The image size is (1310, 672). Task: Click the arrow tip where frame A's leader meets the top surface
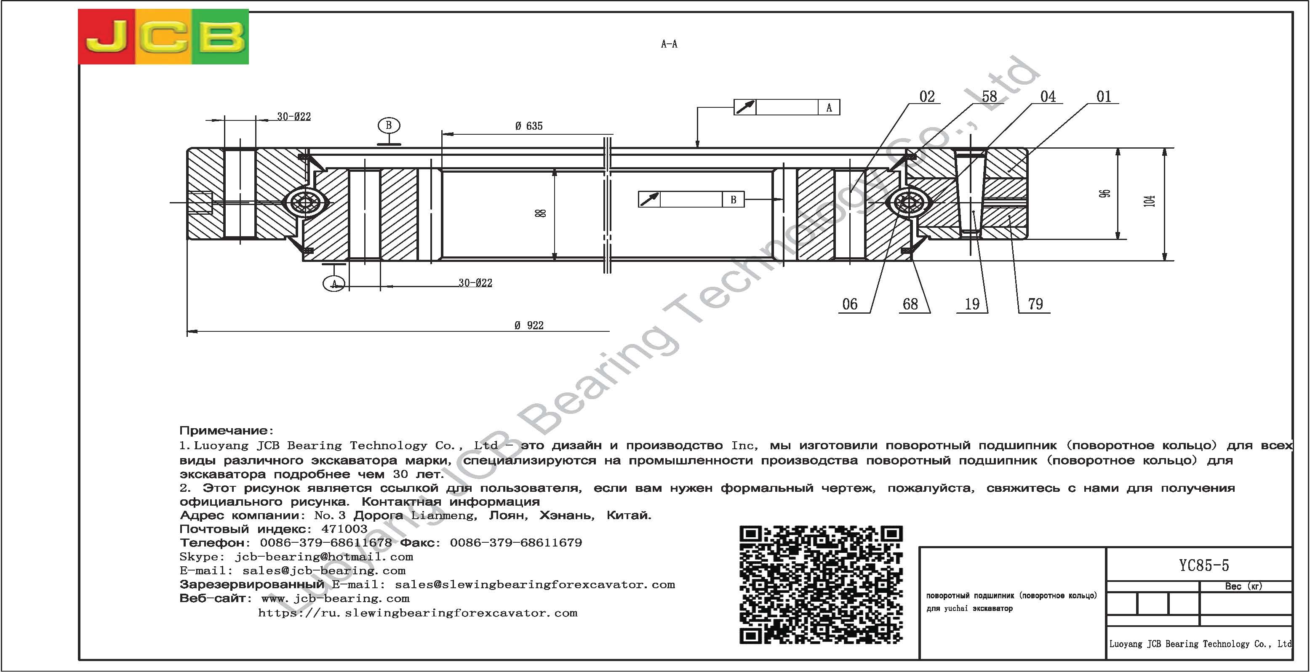(x=697, y=148)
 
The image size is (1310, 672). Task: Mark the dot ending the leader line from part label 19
(x=973, y=211)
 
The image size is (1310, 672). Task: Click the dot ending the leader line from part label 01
(x=1009, y=171)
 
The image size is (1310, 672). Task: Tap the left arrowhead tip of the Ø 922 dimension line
(x=187, y=332)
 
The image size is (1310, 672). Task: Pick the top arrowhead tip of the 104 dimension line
(x=1165, y=149)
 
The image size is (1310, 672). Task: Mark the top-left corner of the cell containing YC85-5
(x=1107, y=547)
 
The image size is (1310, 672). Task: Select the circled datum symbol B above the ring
(x=389, y=125)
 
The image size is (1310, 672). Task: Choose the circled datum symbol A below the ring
(x=334, y=283)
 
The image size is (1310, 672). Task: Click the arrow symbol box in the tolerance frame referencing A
(x=745, y=107)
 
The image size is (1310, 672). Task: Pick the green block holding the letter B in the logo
(x=220, y=37)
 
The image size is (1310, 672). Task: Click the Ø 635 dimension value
(x=528, y=125)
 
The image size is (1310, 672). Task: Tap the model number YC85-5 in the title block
(x=1204, y=565)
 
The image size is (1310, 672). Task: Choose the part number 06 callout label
(x=850, y=304)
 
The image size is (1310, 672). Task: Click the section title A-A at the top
(x=669, y=44)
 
